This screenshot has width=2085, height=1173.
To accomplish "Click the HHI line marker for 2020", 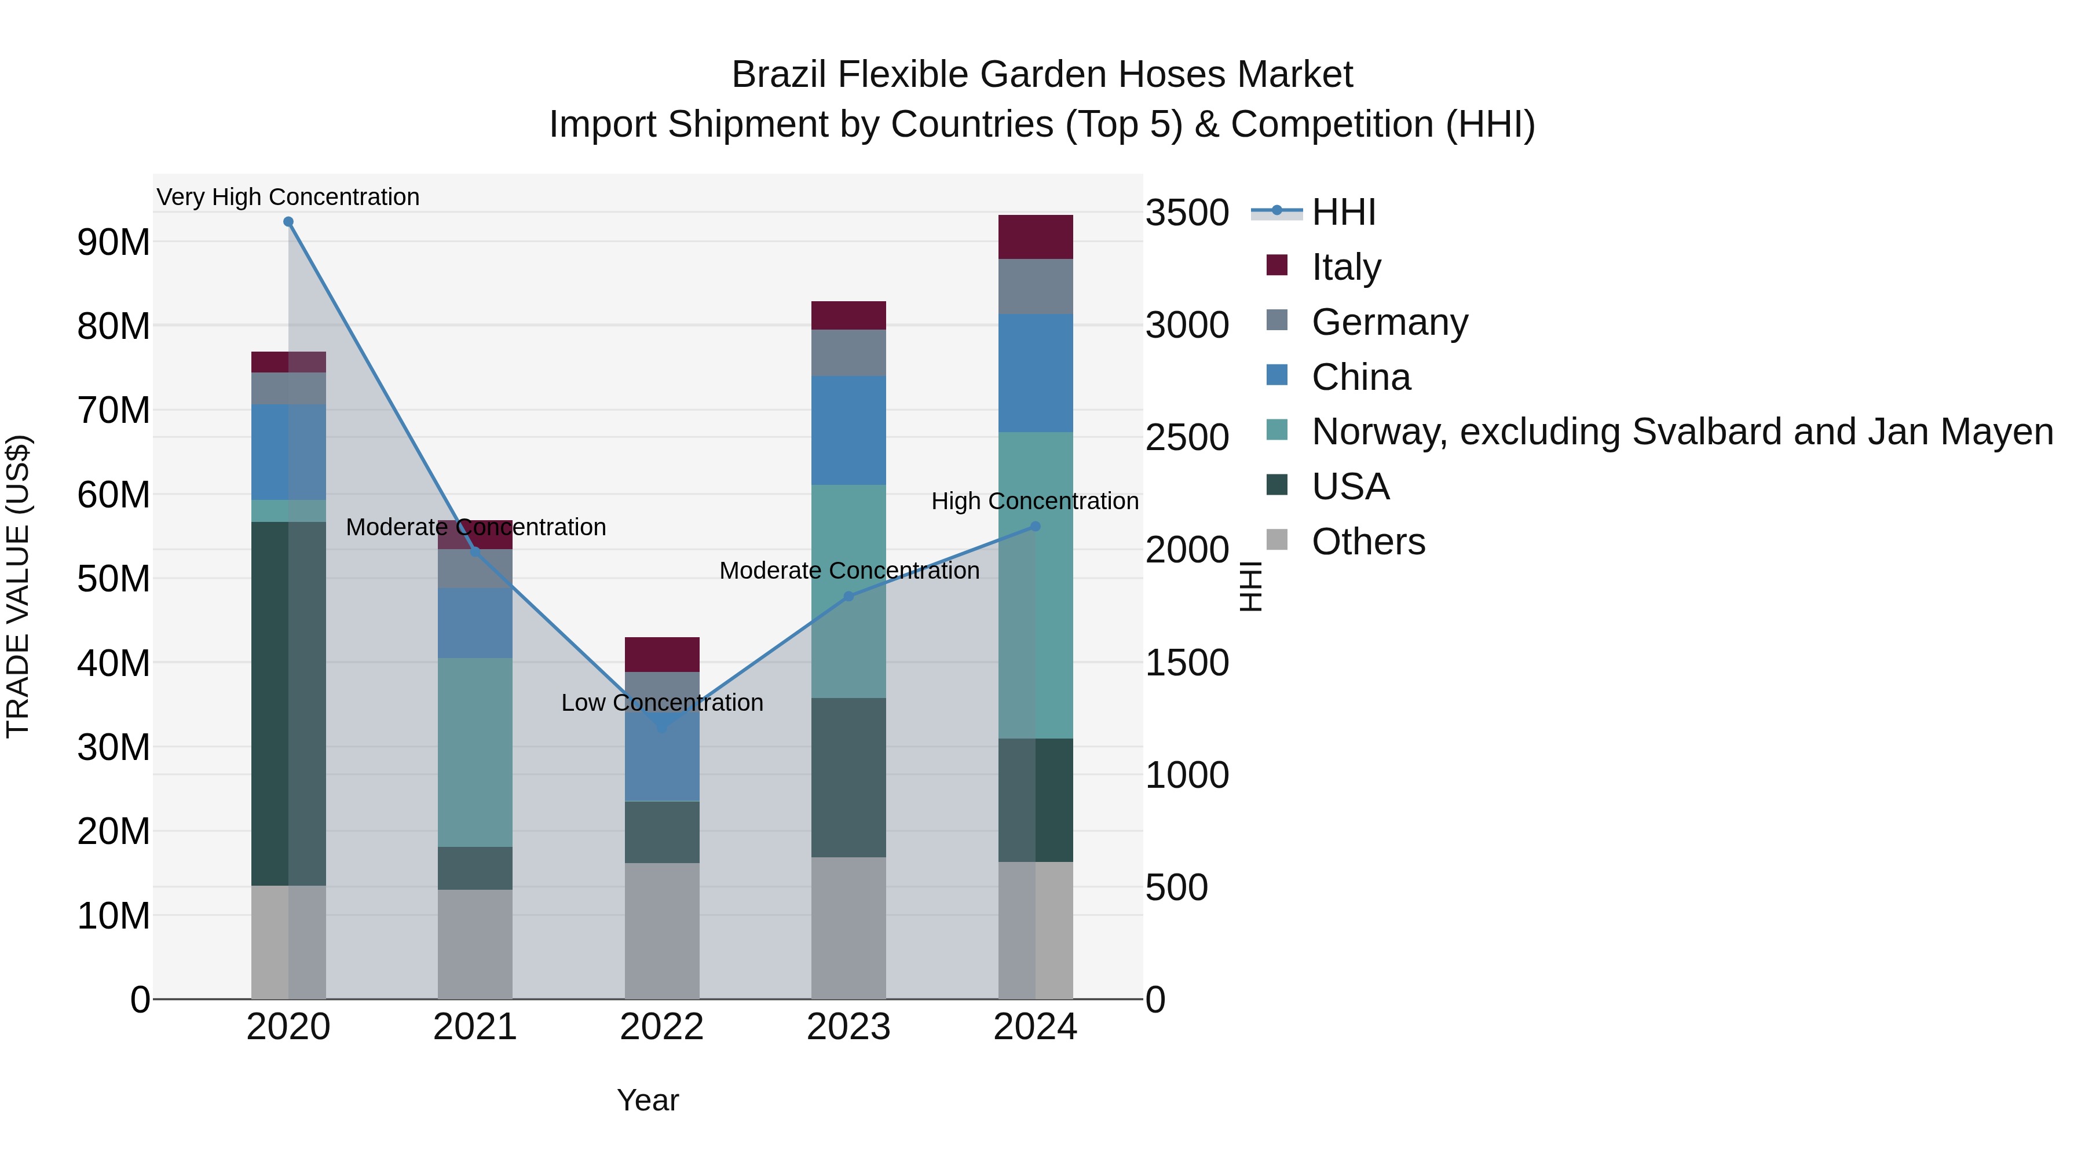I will [x=288, y=222].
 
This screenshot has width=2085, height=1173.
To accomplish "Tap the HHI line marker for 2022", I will [x=662, y=728].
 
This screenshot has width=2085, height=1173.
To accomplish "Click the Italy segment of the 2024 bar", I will [x=1035, y=237].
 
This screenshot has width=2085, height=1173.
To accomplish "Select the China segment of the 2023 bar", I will [x=848, y=430].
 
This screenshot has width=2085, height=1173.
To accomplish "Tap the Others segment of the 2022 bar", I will [x=662, y=930].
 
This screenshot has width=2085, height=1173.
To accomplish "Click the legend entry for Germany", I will [x=1389, y=322].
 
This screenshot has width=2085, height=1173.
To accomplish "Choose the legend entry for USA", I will [x=1350, y=487].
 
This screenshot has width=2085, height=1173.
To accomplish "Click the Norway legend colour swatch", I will [x=1276, y=430].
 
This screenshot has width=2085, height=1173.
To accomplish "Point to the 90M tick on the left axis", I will [x=114, y=242].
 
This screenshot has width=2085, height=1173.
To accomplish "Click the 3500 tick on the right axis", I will [x=1187, y=213].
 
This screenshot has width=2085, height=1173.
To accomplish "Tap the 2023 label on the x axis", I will [x=848, y=1027].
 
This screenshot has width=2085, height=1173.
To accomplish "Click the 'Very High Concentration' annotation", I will [x=288, y=197].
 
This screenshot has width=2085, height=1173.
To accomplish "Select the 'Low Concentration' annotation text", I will [x=662, y=703].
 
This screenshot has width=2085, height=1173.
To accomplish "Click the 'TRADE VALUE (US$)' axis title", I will [x=18, y=586].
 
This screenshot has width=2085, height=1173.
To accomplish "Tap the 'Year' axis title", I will [x=648, y=1100].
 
